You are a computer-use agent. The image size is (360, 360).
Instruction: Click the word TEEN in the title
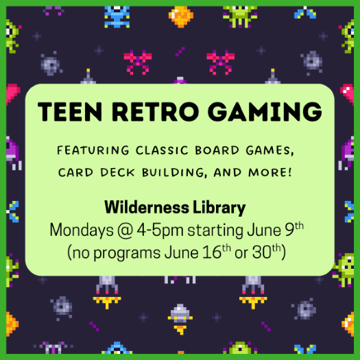pyautogui.click(x=70, y=112)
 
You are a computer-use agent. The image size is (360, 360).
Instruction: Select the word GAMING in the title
pyautogui.click(x=265, y=112)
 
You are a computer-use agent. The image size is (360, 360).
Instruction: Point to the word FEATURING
pyautogui.click(x=93, y=150)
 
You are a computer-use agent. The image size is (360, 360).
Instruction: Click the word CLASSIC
pyautogui.click(x=162, y=150)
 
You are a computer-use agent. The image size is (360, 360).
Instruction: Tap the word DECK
pyautogui.click(x=117, y=172)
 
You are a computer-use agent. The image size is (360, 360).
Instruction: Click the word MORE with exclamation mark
pyautogui.click(x=270, y=172)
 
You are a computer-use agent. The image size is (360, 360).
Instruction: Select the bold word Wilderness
pyautogui.click(x=147, y=207)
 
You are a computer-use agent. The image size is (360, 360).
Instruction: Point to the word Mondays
pyautogui.click(x=82, y=230)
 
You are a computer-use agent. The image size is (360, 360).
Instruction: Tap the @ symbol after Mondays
pyautogui.click(x=125, y=230)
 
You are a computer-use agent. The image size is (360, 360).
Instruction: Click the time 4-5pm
pyautogui.click(x=160, y=230)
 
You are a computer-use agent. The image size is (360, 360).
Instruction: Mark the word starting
pyautogui.click(x=215, y=230)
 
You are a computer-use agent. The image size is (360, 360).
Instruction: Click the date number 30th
pyautogui.click(x=267, y=252)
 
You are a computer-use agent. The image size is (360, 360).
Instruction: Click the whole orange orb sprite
pyautogui.click(x=181, y=16)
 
